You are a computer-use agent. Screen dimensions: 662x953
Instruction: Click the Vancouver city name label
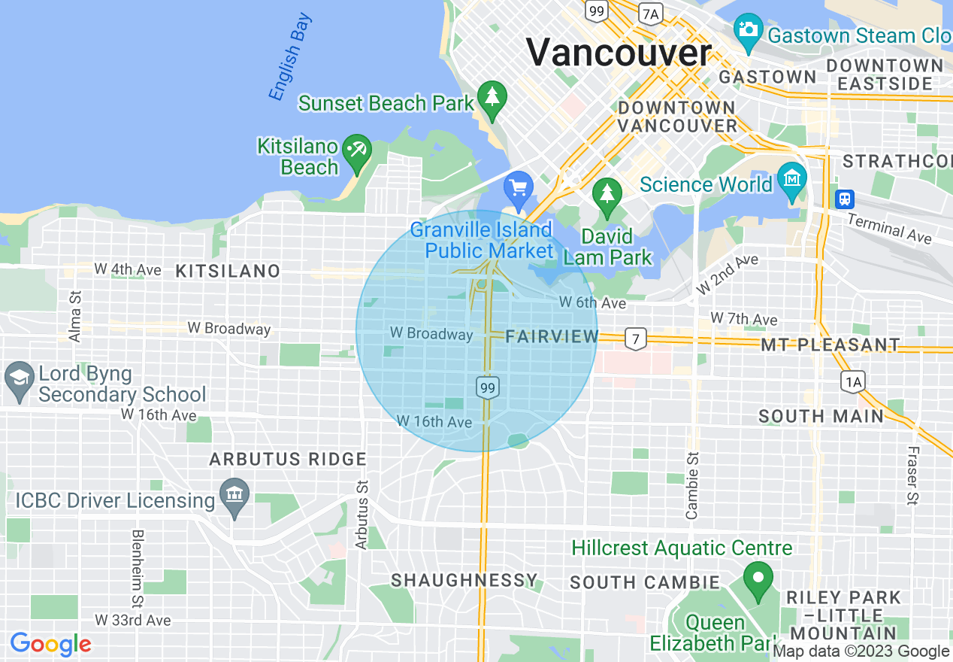pos(618,52)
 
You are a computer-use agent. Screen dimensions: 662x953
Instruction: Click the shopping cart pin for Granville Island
pos(518,189)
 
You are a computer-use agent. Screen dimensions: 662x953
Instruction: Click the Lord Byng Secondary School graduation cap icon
pos(18,380)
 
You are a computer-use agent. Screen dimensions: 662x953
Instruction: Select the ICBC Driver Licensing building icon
pos(235,497)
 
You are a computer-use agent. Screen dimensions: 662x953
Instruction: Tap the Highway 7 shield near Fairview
pos(636,339)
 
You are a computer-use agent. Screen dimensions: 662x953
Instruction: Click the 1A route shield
pos(853,381)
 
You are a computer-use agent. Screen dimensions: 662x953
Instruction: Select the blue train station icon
pos(845,199)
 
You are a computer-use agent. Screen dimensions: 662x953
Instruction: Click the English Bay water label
pos(290,57)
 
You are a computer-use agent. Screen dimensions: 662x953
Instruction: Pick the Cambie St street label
pos(692,485)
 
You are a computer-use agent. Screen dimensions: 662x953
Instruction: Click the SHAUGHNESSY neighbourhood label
pos(464,580)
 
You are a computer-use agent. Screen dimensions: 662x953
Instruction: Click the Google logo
pos(50,645)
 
